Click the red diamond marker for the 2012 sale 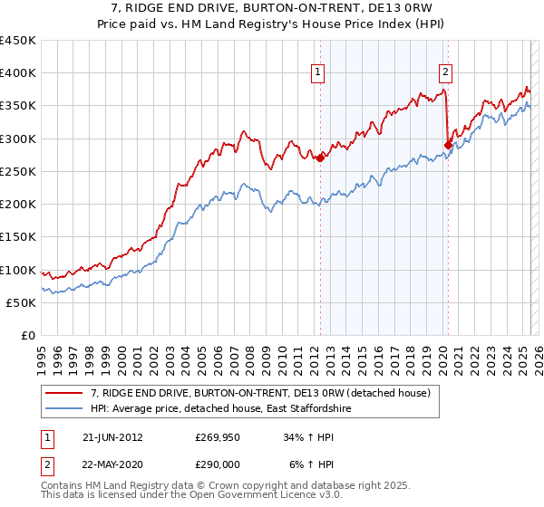320,157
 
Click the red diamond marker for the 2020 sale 448,144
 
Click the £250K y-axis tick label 17,171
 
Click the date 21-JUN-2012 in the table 112,437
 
